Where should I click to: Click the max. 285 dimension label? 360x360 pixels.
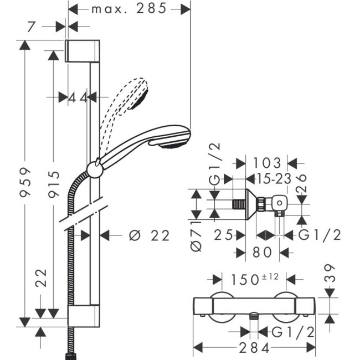129,9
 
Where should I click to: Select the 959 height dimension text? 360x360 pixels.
25,183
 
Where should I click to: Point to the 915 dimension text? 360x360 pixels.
54,184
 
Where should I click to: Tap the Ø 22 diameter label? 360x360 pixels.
149,235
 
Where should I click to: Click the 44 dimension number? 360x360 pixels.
78,97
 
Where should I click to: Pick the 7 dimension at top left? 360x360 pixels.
32,27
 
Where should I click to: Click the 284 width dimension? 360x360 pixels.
254,348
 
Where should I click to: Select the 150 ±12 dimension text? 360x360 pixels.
255,279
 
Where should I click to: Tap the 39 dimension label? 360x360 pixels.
330,273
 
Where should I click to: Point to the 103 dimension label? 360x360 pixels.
267,163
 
